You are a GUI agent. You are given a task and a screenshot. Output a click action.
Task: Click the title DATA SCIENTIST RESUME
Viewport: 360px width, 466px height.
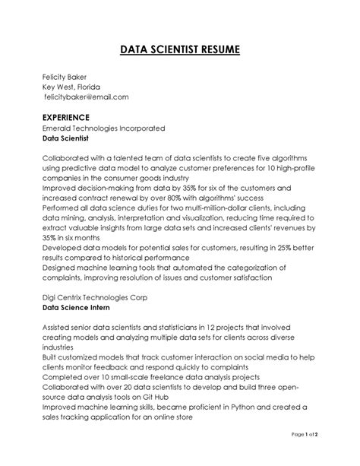(x=180, y=50)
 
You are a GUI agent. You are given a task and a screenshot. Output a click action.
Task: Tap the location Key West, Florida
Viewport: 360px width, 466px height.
(x=71, y=87)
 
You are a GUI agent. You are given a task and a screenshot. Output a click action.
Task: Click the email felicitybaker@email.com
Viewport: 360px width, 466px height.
(x=86, y=97)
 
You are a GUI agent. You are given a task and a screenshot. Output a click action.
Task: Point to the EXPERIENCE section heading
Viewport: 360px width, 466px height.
(x=66, y=117)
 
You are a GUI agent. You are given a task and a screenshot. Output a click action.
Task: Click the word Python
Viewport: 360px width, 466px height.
(x=248, y=407)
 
